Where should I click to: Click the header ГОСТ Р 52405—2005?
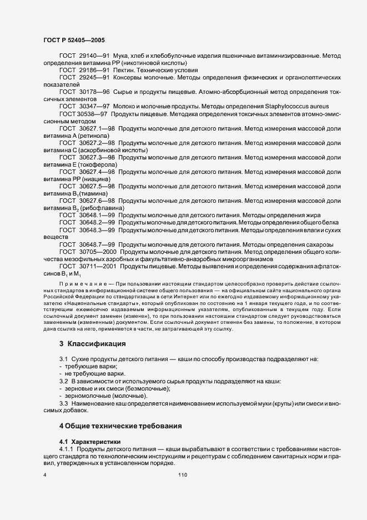click(74, 41)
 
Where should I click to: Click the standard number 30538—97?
click(93, 113)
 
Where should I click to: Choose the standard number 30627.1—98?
click(97, 128)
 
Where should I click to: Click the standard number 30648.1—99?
click(97, 214)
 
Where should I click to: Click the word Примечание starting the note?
click(79, 283)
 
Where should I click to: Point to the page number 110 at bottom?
click(183, 475)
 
